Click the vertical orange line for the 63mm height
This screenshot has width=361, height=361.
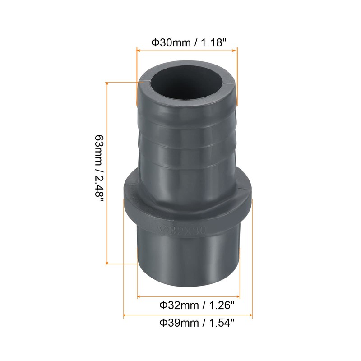tap(107, 174)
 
